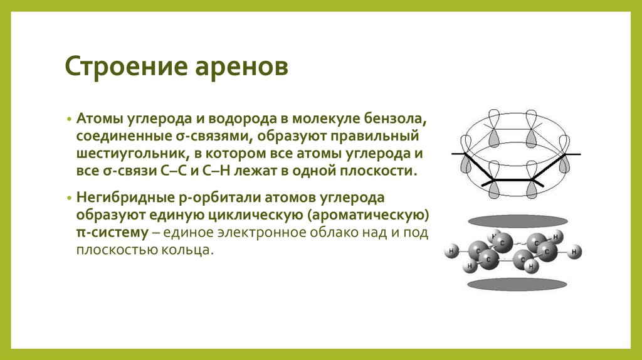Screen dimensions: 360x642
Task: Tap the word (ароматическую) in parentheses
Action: point(380,214)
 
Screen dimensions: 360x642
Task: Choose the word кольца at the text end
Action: point(191,250)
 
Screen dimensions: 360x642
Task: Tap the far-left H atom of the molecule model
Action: point(450,252)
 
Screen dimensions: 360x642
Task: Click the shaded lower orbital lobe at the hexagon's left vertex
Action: point(466,165)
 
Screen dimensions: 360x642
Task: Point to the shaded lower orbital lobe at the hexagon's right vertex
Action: point(564,165)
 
